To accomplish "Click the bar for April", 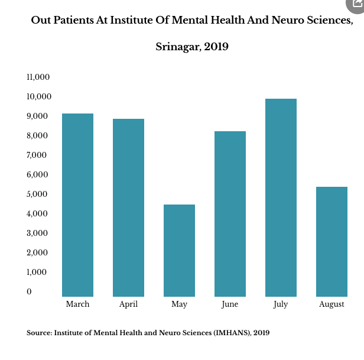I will point(128,207).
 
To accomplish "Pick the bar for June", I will point(230,213).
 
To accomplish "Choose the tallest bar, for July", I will point(281,197).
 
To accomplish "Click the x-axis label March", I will point(77,304).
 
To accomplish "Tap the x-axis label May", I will point(179,304).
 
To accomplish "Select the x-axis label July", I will point(281,304).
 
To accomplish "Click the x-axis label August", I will point(331,304).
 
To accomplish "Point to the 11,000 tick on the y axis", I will point(38,77).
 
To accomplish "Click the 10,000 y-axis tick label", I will point(38,96).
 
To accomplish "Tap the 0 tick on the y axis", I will point(29,291).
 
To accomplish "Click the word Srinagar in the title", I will point(177,47).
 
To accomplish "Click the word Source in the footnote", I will point(38,333).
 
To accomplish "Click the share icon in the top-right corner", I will point(355,4).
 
